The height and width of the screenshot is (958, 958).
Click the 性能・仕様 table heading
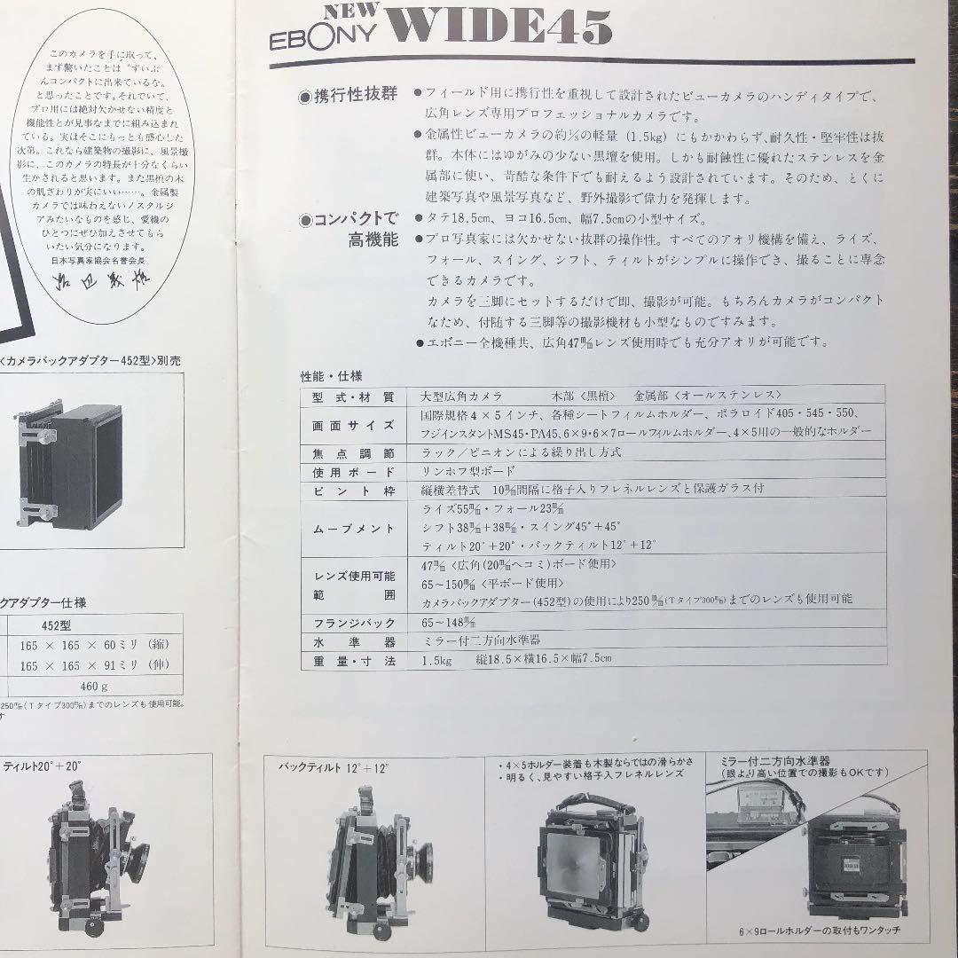pyautogui.click(x=333, y=376)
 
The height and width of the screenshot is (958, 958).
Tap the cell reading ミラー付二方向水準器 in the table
pyautogui.click(x=481, y=640)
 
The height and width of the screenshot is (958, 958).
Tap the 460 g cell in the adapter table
pyautogui.click(x=94, y=686)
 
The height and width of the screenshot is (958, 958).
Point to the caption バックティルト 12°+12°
pyautogui.click(x=334, y=766)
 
